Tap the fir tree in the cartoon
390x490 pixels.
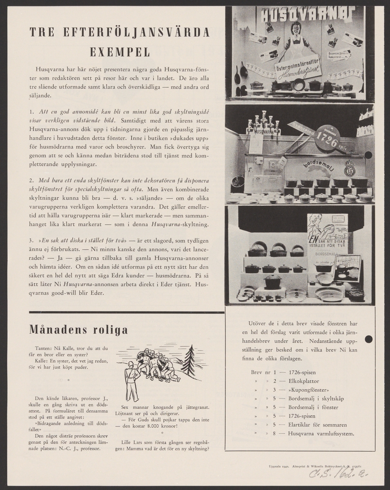189,360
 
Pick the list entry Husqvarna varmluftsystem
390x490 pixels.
321,433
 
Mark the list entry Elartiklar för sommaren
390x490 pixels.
317,425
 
